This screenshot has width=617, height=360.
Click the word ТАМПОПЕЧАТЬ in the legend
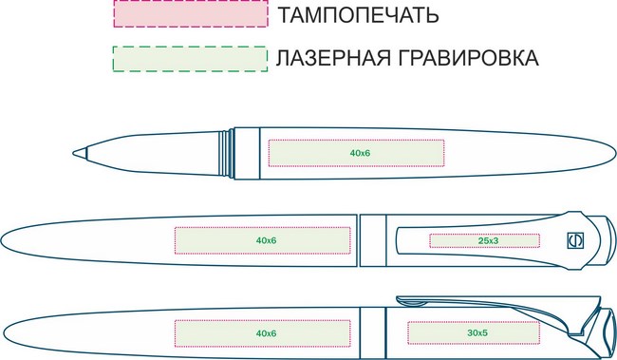point(358,15)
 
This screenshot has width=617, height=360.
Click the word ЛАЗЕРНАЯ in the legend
point(333,58)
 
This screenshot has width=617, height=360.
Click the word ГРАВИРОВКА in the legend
point(468,58)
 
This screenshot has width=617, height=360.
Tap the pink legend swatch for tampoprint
point(191,14)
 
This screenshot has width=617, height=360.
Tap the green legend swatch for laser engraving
point(191,59)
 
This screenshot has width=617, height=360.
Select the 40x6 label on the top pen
point(360,153)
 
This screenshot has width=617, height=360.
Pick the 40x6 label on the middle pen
point(267,240)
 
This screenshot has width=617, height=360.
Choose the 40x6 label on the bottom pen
point(267,333)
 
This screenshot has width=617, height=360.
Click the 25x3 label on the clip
point(488,240)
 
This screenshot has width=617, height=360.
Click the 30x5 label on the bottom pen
point(477,333)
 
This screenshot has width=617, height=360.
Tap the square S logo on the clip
point(575,240)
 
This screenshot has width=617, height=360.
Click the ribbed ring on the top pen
point(227,153)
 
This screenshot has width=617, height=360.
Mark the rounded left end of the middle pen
point(2,240)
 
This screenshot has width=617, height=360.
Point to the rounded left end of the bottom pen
point(4,334)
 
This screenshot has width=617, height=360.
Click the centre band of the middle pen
point(373,240)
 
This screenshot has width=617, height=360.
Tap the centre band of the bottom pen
point(373,333)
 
